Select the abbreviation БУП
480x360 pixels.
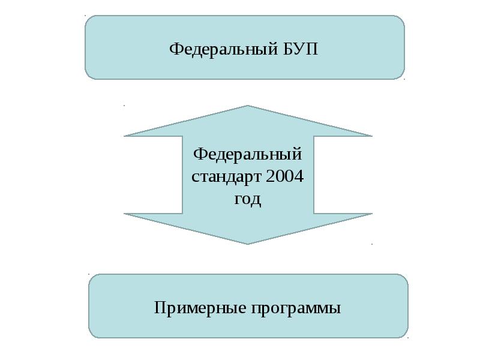click(x=298, y=48)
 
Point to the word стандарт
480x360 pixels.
click(x=226, y=178)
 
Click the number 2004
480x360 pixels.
click(x=284, y=178)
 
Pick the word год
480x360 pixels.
click(x=247, y=199)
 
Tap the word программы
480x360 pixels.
click(x=296, y=308)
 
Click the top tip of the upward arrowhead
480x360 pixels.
click(x=248, y=106)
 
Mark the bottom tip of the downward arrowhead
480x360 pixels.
click(x=248, y=244)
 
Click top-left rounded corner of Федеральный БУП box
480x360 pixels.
click(x=89, y=19)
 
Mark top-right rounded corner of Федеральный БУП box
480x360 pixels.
click(x=401, y=19)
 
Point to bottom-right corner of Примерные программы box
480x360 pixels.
click(x=404, y=334)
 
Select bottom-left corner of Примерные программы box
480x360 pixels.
click(x=92, y=334)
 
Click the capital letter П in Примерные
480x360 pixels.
click(x=160, y=308)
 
